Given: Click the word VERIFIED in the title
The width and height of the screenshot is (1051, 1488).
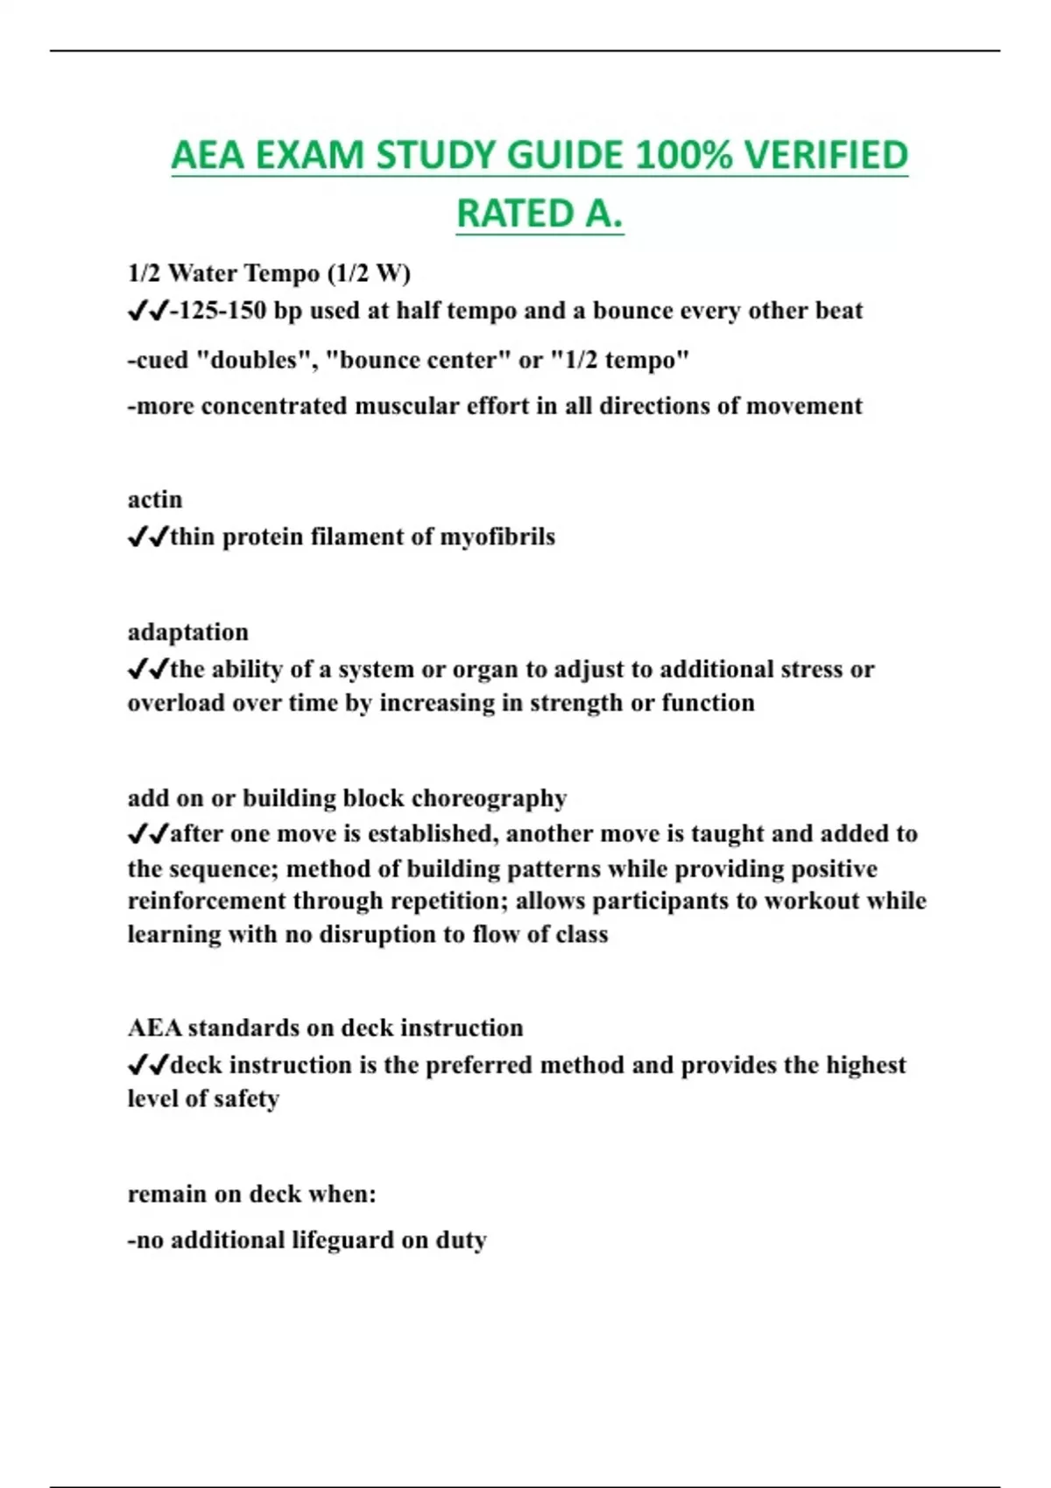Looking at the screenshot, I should click(826, 156).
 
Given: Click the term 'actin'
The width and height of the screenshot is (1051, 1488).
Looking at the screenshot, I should click(155, 500).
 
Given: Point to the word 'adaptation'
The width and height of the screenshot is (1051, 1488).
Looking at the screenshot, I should click(187, 632).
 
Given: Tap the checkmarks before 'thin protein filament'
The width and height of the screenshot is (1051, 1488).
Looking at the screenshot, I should click(147, 537).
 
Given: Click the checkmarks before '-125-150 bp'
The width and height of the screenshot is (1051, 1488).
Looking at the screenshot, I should click(147, 311).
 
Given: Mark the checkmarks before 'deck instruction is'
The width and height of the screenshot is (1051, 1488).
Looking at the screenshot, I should click(147, 1065).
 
